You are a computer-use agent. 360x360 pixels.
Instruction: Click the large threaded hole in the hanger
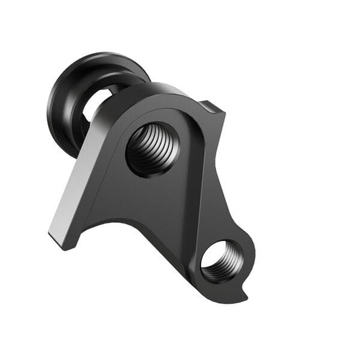[x=152, y=149]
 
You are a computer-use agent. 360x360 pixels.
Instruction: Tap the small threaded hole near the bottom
[x=220, y=260]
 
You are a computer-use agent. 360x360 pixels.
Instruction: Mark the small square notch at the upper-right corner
[x=215, y=106]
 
